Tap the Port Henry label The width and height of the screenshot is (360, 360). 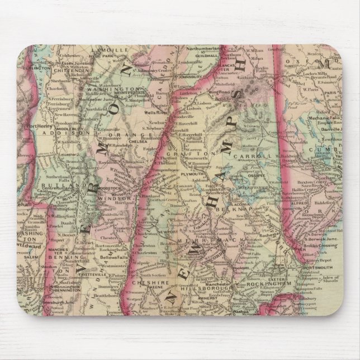tap(42, 126)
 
